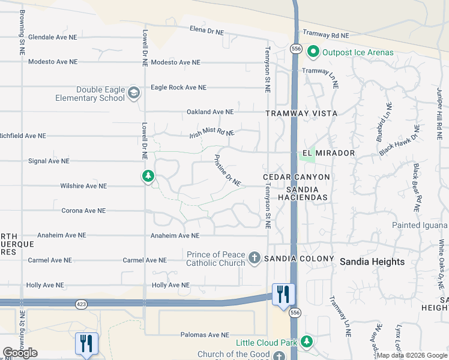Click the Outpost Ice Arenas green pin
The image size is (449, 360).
coord(313,52)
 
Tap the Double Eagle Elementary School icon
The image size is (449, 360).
coord(133,92)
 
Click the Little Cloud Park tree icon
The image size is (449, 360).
coord(307,341)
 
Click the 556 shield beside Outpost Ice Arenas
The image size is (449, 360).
coord(295,48)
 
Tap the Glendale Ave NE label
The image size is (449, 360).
coord(53,37)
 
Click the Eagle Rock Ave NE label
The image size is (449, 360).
coord(178,87)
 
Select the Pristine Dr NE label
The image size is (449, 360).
coord(228,170)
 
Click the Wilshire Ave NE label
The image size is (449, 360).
coord(83,186)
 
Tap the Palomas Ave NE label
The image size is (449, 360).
coord(205,335)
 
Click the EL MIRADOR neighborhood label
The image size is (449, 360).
coord(328,153)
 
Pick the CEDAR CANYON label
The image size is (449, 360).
coord(297,177)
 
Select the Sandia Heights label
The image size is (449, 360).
coord(372,262)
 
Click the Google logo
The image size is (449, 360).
coord(20,353)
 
